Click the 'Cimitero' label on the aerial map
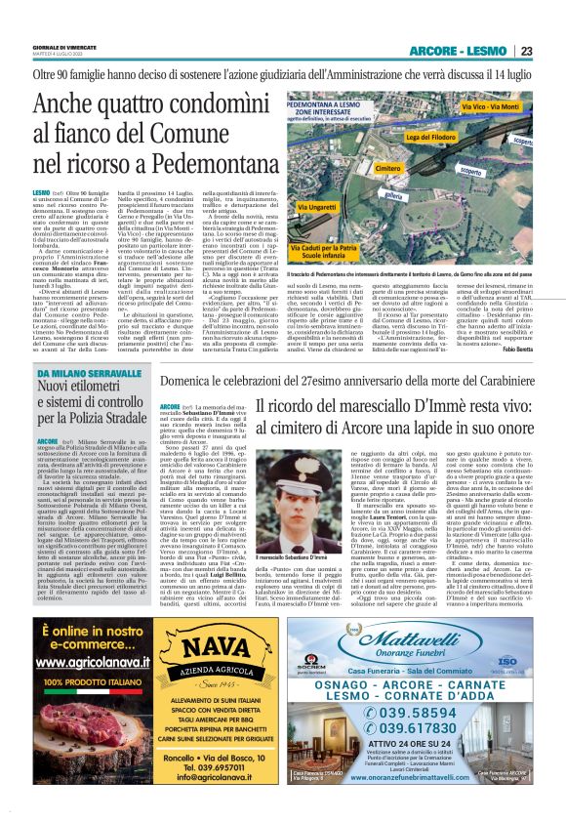tap(388, 169)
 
